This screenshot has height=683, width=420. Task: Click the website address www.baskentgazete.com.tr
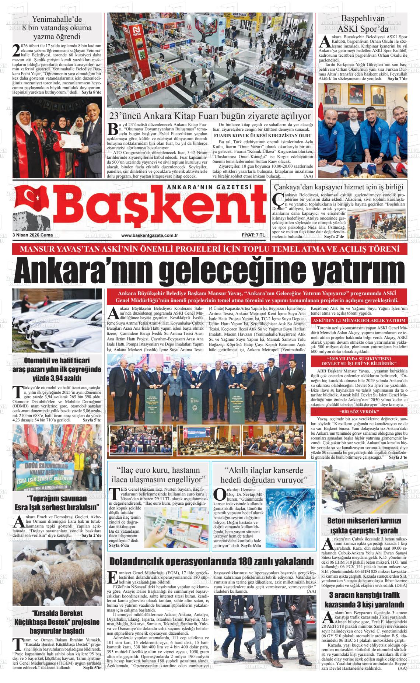[x=150, y=235]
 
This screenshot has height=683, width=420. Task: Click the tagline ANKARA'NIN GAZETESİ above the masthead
[x=209, y=187]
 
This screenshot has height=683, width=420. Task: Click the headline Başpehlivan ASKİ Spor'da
[x=363, y=24]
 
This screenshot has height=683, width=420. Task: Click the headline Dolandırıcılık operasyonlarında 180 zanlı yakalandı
[x=211, y=561]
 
